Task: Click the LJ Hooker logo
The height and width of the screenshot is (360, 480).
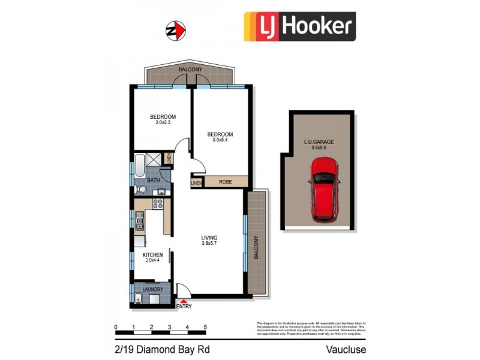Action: (299, 27)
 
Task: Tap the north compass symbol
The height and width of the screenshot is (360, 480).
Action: (173, 29)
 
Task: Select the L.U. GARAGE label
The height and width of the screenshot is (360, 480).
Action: (319, 145)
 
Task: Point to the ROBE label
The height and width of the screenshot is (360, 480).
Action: (226, 181)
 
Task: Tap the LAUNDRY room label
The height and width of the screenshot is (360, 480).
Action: (153, 289)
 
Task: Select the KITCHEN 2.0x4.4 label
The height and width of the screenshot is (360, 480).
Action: (152, 258)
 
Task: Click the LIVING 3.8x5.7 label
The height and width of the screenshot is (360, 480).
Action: (209, 241)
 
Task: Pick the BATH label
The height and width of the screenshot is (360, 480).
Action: (154, 179)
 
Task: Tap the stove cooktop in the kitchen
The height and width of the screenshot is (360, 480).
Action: (159, 204)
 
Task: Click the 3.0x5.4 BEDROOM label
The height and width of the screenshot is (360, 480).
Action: (220, 137)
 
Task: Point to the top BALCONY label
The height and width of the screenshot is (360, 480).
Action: (190, 70)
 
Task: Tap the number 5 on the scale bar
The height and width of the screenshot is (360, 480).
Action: (205, 327)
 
